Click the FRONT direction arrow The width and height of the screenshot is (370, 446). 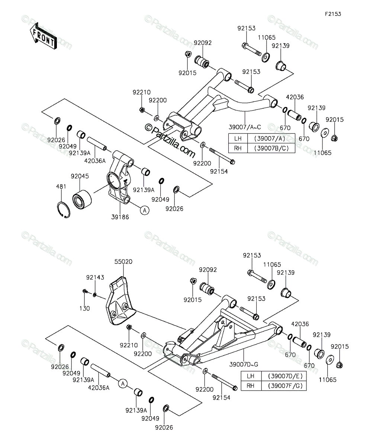click(43, 36)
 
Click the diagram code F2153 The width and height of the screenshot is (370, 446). click(333, 14)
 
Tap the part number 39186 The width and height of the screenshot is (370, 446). click(120, 217)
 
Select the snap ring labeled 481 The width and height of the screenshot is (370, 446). click(64, 210)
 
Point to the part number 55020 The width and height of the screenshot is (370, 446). click(123, 261)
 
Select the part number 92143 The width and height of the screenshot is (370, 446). click(95, 277)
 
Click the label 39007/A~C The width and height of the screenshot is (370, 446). click(245, 127)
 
